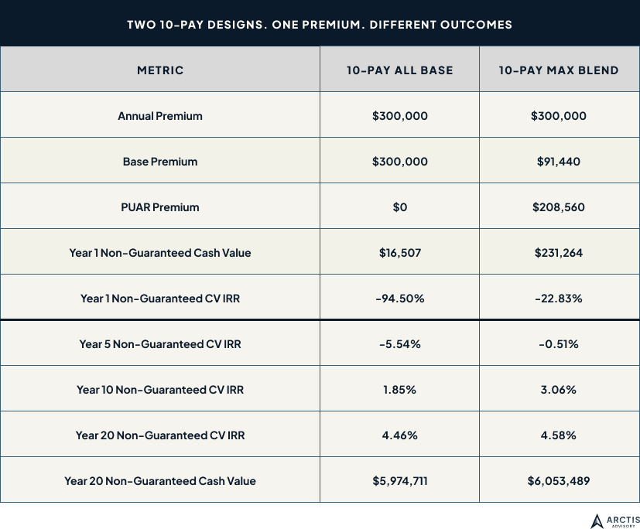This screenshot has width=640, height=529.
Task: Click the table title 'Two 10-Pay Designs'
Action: tap(320, 24)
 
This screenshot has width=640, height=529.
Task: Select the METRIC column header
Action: tap(160, 70)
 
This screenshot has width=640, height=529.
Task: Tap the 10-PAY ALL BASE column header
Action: tap(399, 70)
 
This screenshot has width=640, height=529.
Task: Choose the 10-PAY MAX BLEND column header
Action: tap(558, 70)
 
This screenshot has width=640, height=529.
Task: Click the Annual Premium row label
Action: tap(160, 116)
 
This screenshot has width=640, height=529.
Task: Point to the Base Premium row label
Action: tap(160, 162)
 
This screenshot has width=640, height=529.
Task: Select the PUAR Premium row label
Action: tap(160, 207)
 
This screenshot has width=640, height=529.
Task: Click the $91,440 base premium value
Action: tap(558, 162)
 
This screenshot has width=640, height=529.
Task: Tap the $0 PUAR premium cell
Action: tap(399, 207)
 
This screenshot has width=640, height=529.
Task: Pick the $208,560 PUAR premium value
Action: tap(558, 207)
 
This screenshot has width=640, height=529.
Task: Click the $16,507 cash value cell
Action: tap(399, 253)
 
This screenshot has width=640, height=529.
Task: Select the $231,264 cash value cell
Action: tap(558, 253)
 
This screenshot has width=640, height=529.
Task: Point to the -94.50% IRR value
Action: tap(399, 299)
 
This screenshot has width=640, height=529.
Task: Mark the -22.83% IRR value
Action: tap(558, 299)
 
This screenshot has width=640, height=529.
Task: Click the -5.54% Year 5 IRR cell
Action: tap(399, 344)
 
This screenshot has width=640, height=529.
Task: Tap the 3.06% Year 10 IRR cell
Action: tap(558, 390)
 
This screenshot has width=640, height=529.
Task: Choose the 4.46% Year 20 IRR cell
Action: tap(399, 435)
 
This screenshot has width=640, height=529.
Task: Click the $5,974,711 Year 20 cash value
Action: tap(399, 481)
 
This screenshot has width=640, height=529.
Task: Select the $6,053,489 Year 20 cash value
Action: tap(558, 481)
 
